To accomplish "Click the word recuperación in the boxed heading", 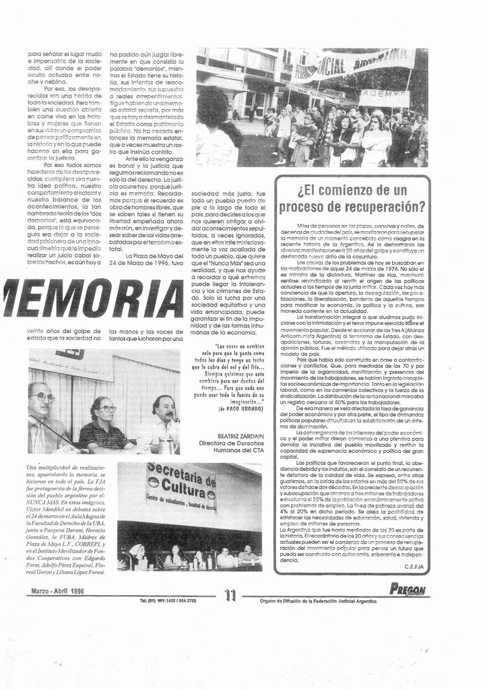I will [384, 206].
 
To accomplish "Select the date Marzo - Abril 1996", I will [58, 591].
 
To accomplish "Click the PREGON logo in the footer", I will [407, 590].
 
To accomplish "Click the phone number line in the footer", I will [168, 600].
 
